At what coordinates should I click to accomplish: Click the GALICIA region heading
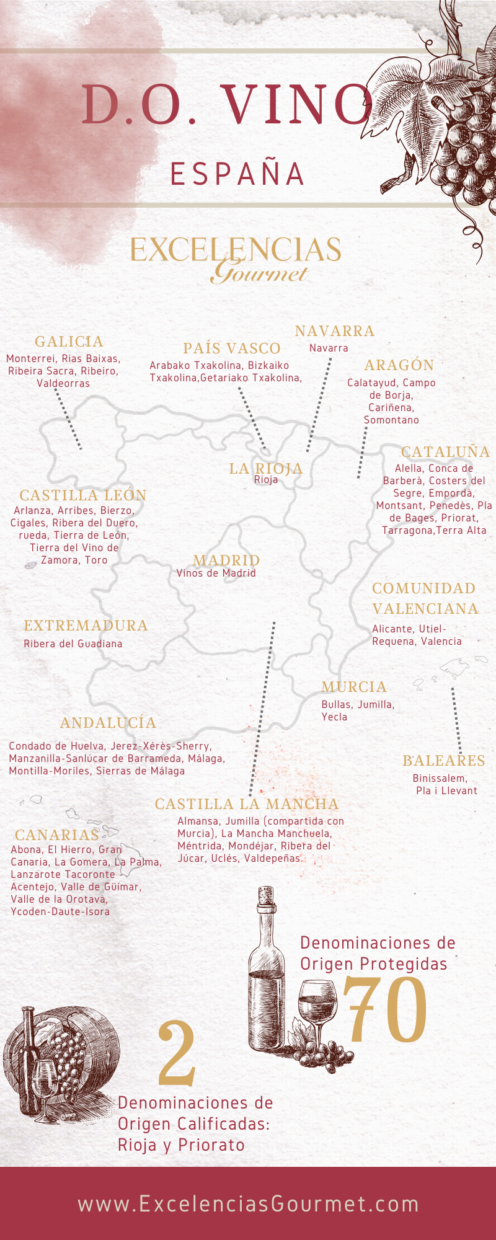tap(69, 342)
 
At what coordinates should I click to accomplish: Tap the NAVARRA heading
tap(335, 331)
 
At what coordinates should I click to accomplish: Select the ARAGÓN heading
tap(399, 365)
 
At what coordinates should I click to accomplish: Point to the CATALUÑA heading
tap(445, 452)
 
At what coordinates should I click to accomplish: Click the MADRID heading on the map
tap(226, 560)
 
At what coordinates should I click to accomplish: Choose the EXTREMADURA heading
tap(86, 626)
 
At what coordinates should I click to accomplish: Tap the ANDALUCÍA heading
tap(108, 723)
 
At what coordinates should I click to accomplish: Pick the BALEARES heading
tap(443, 761)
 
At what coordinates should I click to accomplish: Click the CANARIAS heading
tap(57, 835)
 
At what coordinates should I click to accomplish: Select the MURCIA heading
tap(354, 687)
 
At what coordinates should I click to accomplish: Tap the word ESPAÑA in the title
tap(238, 174)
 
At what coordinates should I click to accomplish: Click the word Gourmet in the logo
tap(259, 273)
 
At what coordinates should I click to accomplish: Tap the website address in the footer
tap(248, 1203)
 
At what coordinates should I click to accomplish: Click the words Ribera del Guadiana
tap(73, 644)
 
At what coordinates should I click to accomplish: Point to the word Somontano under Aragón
tap(391, 420)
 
